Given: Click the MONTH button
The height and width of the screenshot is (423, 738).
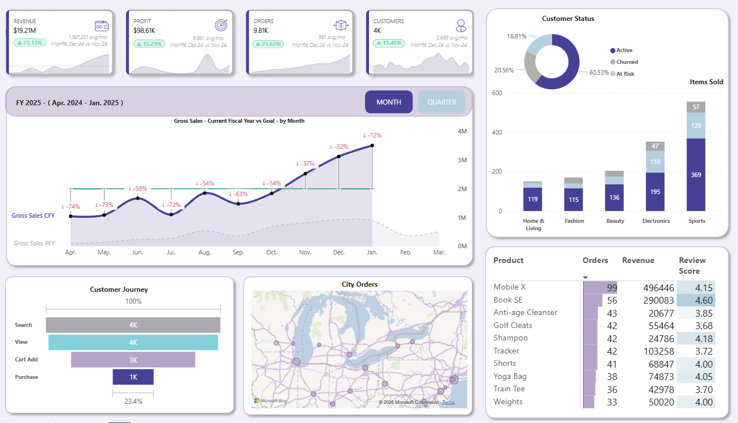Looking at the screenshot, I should [x=389, y=102].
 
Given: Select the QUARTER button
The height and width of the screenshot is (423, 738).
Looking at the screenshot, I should [x=441, y=102].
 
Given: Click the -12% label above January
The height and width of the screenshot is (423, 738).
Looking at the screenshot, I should [x=372, y=135].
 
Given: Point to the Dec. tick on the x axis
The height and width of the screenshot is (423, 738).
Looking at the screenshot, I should [x=338, y=252].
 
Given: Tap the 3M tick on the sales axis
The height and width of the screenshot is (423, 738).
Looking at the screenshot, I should [x=462, y=160].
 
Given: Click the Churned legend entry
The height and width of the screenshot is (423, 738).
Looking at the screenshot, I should [x=627, y=62].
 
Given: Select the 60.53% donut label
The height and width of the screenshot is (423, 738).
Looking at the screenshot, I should [x=599, y=72].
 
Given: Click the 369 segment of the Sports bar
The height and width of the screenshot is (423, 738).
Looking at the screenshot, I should [x=696, y=175].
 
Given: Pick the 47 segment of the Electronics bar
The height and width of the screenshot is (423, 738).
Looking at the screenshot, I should [x=655, y=146].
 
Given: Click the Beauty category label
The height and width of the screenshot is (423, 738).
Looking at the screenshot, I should [x=615, y=221].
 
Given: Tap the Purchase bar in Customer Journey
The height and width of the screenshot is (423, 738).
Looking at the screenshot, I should [x=133, y=377].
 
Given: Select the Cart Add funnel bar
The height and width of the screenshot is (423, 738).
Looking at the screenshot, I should [x=133, y=360].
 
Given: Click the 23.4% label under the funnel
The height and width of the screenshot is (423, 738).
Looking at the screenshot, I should [x=133, y=402].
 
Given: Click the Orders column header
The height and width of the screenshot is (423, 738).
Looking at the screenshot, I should [x=595, y=261].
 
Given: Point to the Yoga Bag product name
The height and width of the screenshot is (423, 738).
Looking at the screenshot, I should [x=510, y=377].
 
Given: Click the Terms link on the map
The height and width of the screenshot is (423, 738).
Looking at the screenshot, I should [x=448, y=402].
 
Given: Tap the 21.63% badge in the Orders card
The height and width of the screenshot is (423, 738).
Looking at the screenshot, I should [x=268, y=44].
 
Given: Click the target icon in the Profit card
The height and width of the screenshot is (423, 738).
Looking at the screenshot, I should [x=222, y=25].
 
